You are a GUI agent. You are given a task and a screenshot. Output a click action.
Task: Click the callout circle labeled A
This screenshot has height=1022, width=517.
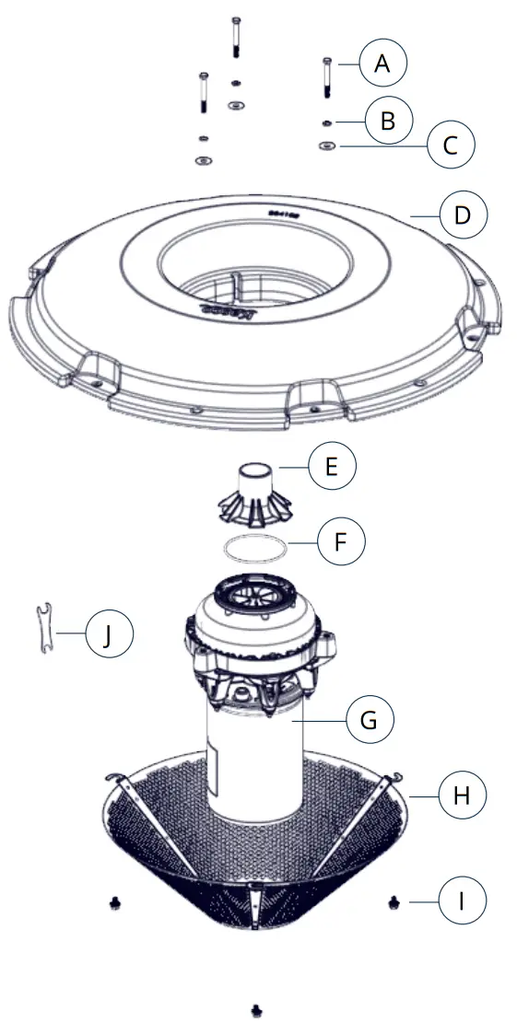click(x=382, y=64)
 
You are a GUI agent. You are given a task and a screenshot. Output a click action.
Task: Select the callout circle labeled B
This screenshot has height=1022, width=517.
click(x=388, y=121)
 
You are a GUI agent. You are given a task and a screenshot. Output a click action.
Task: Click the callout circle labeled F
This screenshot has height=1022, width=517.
click(x=341, y=543)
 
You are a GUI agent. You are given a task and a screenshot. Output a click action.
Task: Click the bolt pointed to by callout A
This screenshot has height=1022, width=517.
click(x=326, y=77)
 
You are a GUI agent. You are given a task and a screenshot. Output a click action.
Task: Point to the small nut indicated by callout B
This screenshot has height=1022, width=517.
click(x=326, y=122)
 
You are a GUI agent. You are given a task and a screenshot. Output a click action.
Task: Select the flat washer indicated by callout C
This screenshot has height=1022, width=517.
click(x=326, y=145)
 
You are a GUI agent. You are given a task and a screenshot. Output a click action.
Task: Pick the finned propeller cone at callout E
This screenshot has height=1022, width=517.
click(x=255, y=493)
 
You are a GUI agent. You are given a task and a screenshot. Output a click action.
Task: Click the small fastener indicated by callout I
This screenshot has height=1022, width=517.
click(x=394, y=900)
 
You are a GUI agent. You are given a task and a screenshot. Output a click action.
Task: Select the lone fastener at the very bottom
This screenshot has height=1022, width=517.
click(x=256, y=1009)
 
